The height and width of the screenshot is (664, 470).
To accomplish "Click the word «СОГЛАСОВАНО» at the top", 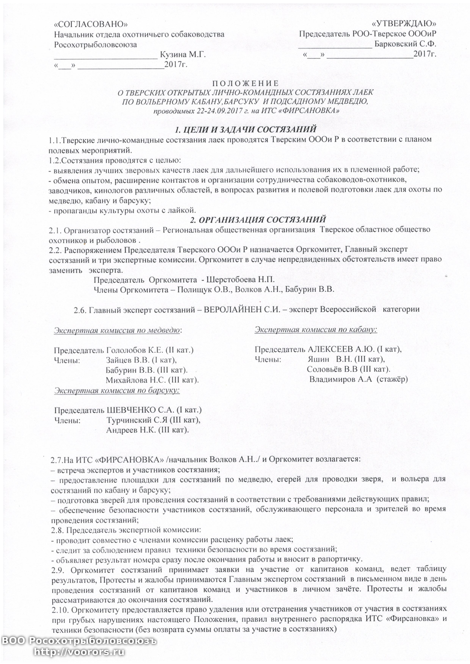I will pos(91,24).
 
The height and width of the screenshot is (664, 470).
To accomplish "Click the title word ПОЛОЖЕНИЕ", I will pos(246,84).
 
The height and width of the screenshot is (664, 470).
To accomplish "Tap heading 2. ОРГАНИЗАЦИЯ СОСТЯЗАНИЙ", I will pos(258,220).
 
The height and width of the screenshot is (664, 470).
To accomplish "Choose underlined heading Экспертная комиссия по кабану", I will pos(316,329).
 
